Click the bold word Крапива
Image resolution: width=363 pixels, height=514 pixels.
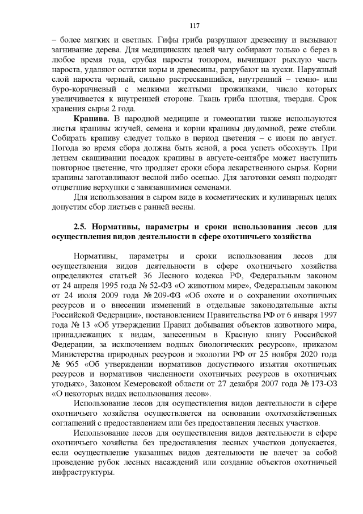[x=92, y=118]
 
